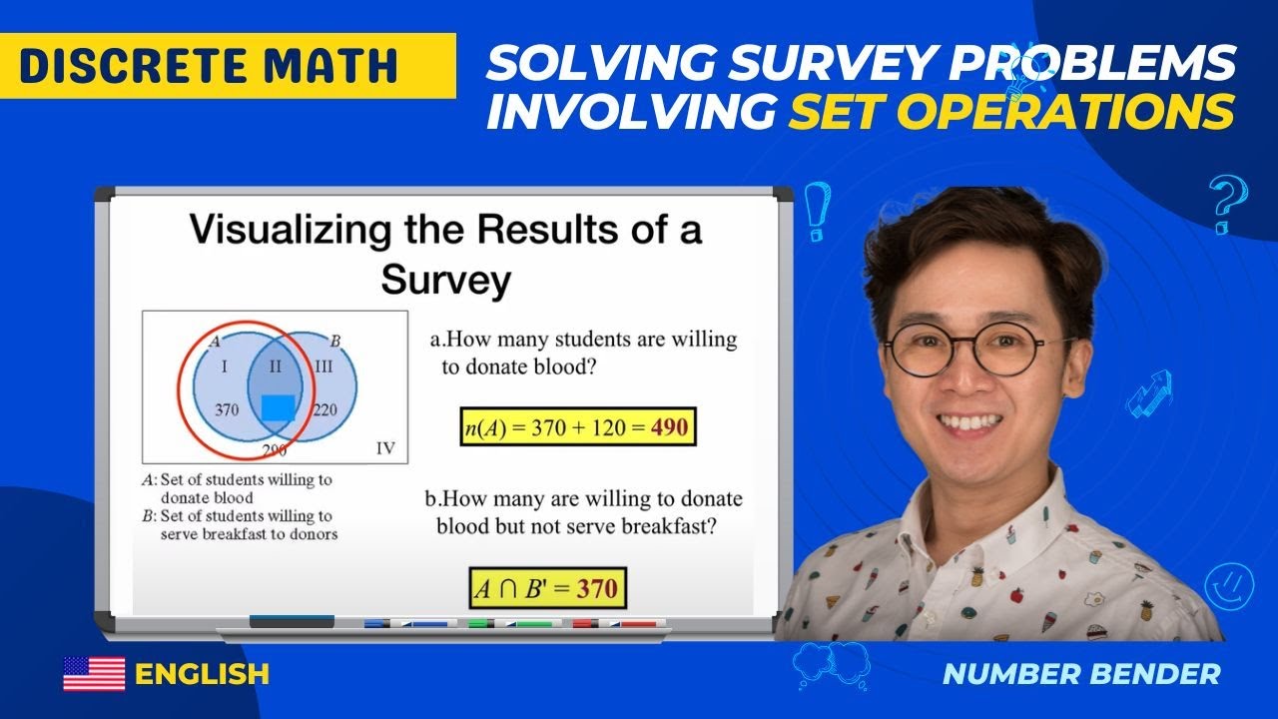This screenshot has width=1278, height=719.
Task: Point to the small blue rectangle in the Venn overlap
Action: coord(279,407)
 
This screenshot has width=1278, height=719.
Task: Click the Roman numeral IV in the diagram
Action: coord(384,448)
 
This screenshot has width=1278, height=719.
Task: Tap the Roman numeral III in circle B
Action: coord(323,366)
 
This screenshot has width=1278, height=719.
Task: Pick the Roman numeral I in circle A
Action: coord(225,366)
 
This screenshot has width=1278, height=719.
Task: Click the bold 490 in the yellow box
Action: coord(669,427)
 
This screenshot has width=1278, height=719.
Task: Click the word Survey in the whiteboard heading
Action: coord(445,281)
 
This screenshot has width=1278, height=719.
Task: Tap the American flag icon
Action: coord(94,674)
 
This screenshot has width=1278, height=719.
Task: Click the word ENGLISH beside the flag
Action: coord(203,674)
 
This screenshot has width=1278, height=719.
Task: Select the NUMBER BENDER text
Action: coord(1081,674)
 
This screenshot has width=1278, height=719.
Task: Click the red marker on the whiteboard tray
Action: coord(615,623)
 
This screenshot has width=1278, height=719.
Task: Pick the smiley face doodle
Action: coord(1228,584)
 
